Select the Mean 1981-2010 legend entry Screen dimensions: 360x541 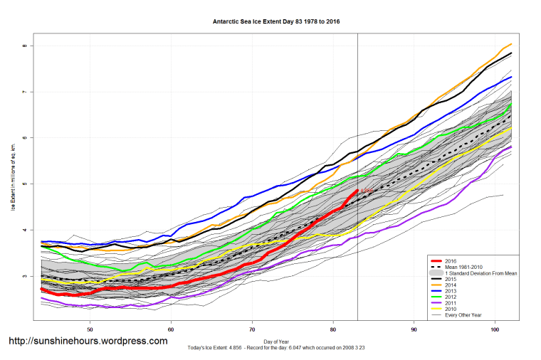click(x=463, y=267)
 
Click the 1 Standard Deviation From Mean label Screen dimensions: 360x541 click(x=475, y=273)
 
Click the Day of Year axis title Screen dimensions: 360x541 click(x=275, y=342)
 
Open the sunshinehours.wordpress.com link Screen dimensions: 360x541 click(x=88, y=341)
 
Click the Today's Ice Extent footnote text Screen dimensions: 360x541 click(x=275, y=348)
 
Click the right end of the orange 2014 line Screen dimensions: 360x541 click(x=511, y=44)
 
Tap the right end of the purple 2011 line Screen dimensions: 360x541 click(x=511, y=147)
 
